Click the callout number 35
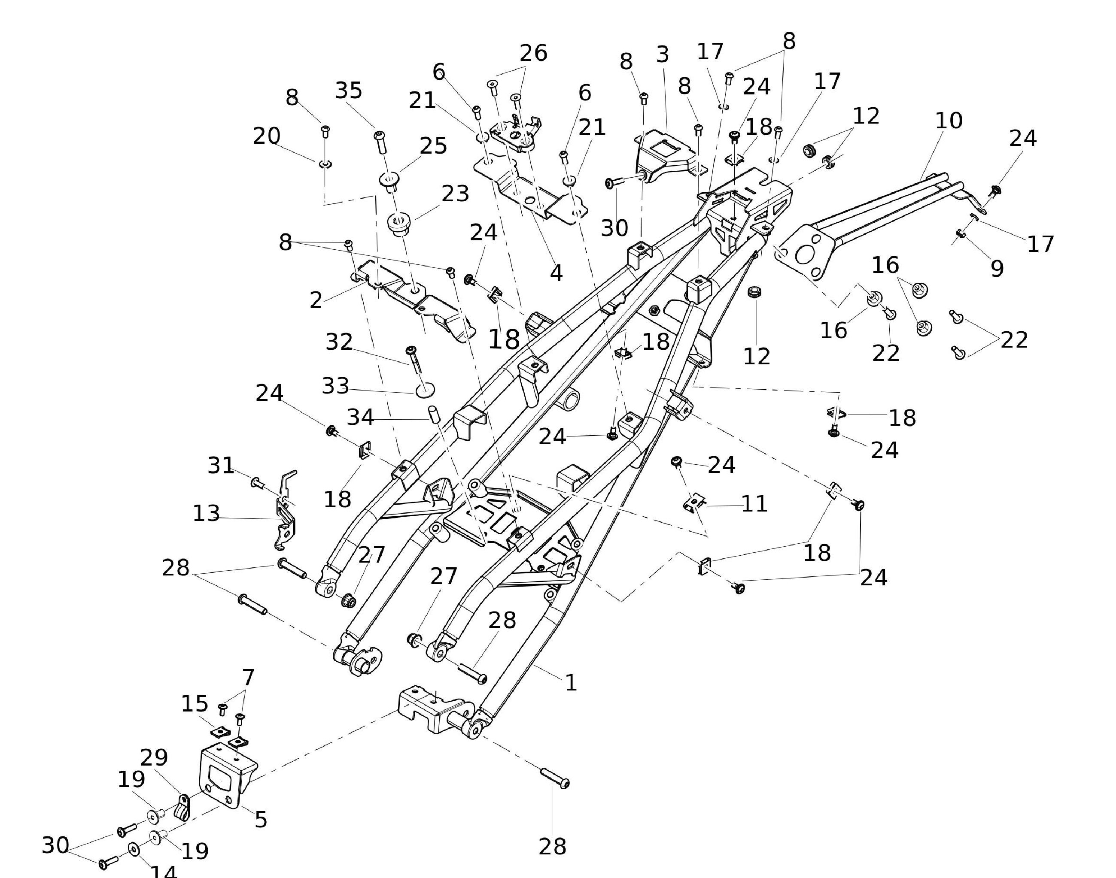(x=349, y=91)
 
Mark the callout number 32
(x=339, y=342)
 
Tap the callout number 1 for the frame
(x=571, y=683)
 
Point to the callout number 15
(x=195, y=704)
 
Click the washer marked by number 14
(x=134, y=850)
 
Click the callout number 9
(x=997, y=268)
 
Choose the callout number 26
(x=533, y=53)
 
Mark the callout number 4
(x=556, y=273)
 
